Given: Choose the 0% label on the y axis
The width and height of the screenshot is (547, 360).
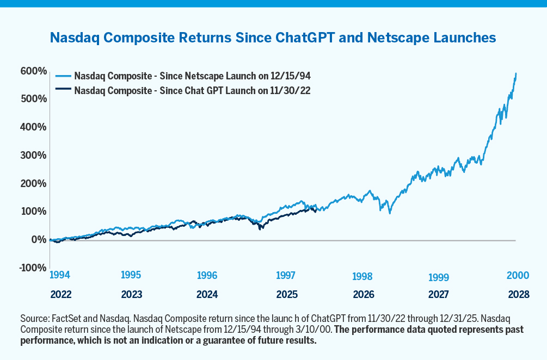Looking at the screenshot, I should (38, 239).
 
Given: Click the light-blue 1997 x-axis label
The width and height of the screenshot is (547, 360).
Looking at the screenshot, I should (286, 276).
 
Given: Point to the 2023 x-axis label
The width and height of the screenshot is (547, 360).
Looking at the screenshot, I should (132, 294).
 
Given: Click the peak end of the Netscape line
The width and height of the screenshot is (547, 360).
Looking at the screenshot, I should (516, 73).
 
